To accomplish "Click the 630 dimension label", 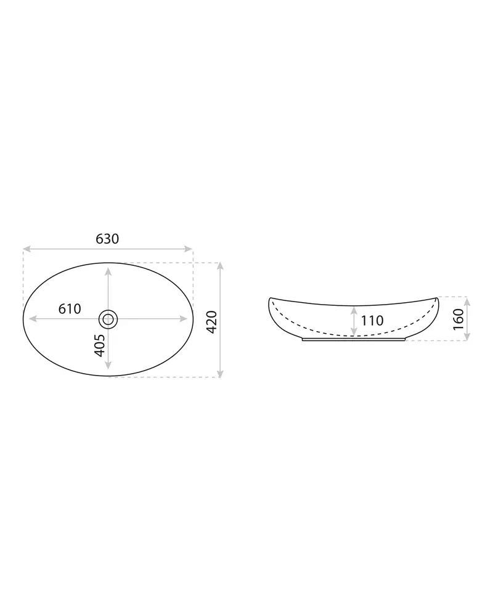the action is [107, 239].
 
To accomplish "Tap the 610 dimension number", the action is [70, 309].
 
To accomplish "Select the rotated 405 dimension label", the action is [100, 345].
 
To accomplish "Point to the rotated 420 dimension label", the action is [211, 322].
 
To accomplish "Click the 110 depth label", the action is [372, 321].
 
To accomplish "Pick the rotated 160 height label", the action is [458, 319].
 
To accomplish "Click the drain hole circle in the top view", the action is [108, 319].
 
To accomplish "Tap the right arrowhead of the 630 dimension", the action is [189, 249].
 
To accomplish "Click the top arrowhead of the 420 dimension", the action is [220, 266].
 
